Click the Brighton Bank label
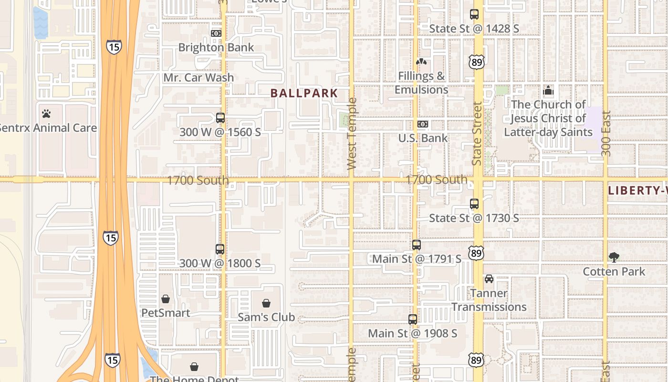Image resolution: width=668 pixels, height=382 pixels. [216, 47]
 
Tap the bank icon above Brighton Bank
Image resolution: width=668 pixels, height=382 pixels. [216, 33]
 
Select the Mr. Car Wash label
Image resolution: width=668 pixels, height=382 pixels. [198, 77]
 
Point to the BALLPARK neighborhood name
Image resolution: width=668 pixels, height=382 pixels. [304, 93]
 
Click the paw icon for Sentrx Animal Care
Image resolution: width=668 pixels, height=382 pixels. [46, 114]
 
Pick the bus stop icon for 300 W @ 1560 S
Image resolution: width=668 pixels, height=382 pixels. [220, 117]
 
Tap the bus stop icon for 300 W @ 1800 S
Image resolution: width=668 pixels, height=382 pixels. [220, 249]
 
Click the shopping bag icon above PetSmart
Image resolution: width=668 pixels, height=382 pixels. [166, 299]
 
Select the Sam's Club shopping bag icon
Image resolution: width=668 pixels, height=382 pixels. [266, 303]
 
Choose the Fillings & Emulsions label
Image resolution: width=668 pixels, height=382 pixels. [421, 83]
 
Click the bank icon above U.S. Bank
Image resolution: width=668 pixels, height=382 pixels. [423, 124]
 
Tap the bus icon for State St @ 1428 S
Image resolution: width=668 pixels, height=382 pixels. [474, 14]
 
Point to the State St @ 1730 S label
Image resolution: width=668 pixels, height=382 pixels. [474, 218]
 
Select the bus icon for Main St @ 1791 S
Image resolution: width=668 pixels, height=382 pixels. [417, 245]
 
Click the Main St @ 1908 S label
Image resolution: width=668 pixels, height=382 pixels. [413, 333]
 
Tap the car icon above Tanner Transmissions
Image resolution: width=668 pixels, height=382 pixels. [489, 279]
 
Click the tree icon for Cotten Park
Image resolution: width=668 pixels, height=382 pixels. [614, 257]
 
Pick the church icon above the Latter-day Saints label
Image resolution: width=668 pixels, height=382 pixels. [548, 90]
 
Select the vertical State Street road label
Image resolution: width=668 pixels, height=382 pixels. [477, 134]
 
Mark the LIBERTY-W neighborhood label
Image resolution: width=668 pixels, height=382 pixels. [637, 191]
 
